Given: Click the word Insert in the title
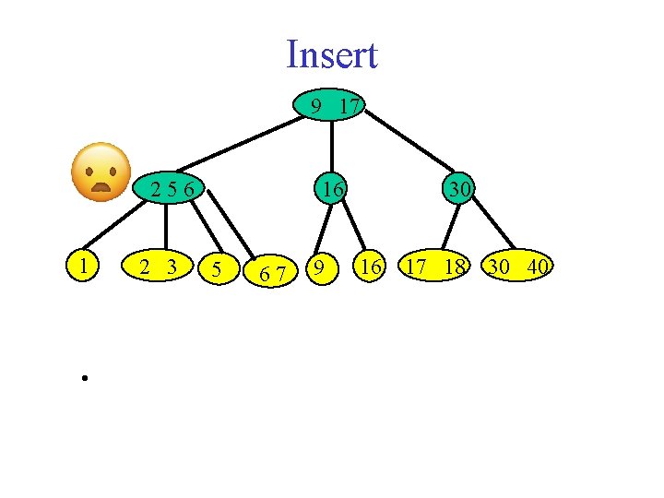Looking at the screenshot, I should tap(332, 55).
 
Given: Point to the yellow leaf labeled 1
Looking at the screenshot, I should tap(85, 267).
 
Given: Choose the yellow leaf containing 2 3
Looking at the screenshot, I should tap(158, 267).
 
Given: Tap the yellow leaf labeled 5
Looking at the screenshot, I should tap(216, 269).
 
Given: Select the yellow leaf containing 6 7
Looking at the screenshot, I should tap(271, 271).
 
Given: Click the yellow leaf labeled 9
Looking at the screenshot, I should tap(319, 267).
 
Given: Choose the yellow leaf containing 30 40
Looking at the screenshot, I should tap(519, 267).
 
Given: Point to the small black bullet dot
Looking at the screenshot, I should tap(82, 378).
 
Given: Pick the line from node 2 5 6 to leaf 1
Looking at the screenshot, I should tap(115, 226).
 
